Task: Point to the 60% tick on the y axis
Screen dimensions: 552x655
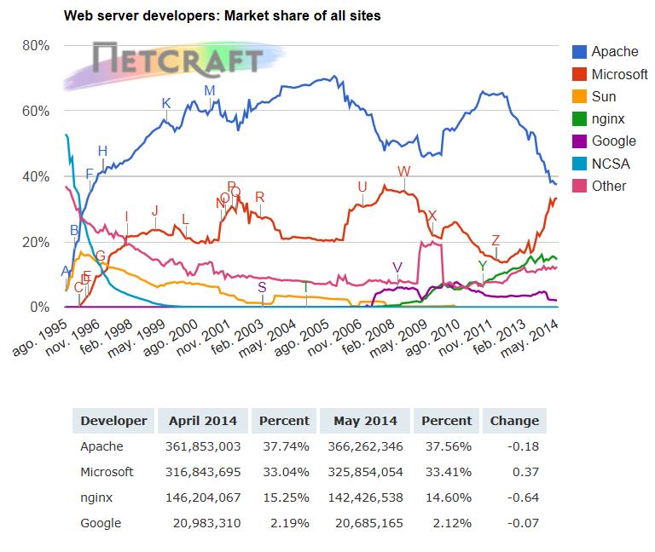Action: [36, 111]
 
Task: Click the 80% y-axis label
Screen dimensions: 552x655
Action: [36, 45]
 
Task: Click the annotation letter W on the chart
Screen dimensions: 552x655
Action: [404, 172]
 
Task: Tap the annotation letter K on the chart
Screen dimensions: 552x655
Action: [166, 104]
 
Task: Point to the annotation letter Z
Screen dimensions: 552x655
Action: [496, 240]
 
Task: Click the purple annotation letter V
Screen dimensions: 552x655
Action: [397, 267]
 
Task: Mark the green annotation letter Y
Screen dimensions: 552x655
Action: [483, 266]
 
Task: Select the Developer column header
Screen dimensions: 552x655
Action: [113, 420]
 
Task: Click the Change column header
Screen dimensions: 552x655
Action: [513, 420]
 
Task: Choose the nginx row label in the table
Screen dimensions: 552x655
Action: [97, 497]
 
